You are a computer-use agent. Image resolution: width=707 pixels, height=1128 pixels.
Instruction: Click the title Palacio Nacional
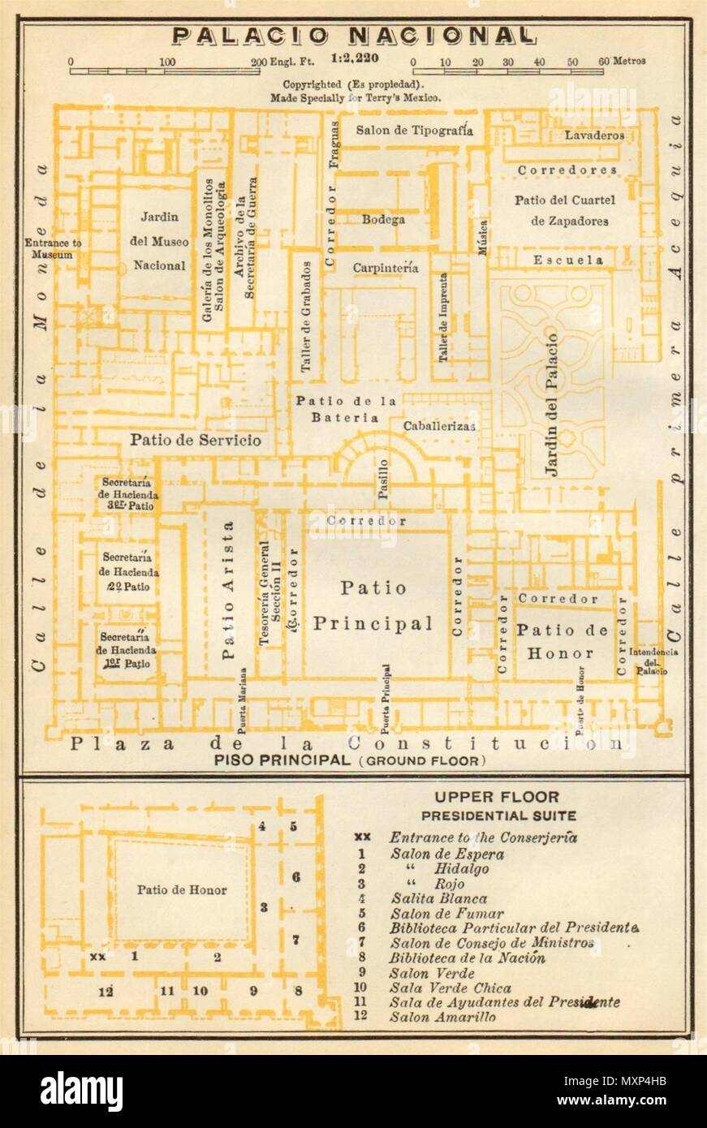[353, 37]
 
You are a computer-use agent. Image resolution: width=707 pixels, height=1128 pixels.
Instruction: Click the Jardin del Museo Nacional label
[159, 241]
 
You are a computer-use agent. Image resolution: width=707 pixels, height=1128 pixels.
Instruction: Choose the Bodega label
[383, 219]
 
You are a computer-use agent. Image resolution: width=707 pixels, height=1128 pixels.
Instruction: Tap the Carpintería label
[385, 268]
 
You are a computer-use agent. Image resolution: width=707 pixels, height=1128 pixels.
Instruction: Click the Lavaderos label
[594, 136]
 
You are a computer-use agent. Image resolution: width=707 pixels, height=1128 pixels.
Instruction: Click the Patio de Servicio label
[195, 440]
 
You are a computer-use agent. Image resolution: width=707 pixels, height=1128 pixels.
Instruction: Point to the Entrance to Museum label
[50, 248]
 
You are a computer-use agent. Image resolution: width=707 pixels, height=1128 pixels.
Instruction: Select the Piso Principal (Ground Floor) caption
[350, 760]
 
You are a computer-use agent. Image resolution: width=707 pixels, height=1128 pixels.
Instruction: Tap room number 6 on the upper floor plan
[296, 876]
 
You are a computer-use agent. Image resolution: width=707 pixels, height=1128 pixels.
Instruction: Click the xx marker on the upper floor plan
[97, 957]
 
